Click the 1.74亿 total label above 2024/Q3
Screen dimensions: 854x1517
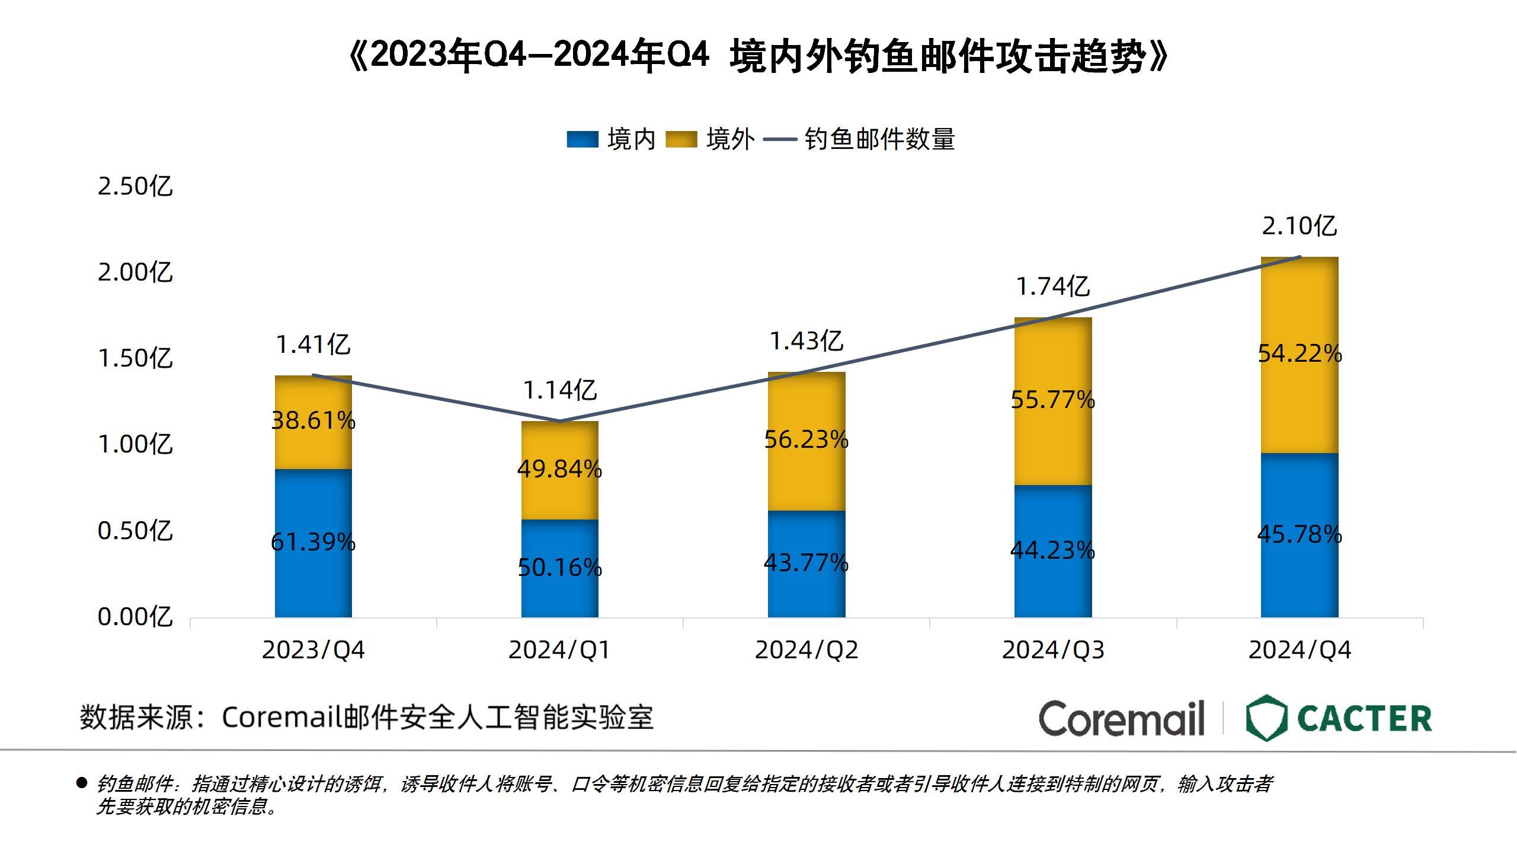pos(1053,287)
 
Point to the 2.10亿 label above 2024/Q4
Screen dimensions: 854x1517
pos(1299,227)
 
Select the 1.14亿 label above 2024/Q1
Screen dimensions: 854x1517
pos(559,391)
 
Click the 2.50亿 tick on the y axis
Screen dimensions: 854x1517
pos(135,187)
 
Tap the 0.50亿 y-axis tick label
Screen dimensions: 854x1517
pos(135,531)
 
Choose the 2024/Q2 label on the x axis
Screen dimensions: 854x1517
pos(806,651)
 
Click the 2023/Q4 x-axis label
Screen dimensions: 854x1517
pos(313,651)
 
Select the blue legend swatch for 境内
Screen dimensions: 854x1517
pos(582,140)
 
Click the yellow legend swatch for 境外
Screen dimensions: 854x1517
pos(681,140)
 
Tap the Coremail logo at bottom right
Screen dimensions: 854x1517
pos(1121,718)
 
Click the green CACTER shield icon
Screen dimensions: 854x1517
pos(1266,718)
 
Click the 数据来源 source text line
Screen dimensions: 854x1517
pos(366,718)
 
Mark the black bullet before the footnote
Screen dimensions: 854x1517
pos(82,783)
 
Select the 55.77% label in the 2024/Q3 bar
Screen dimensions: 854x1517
pos(1052,400)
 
